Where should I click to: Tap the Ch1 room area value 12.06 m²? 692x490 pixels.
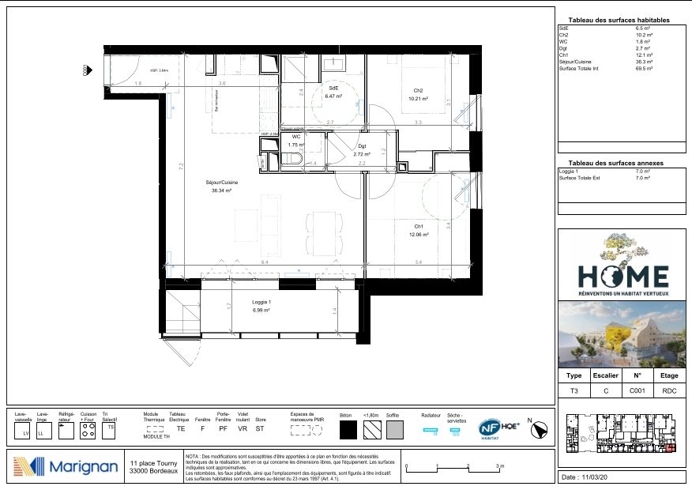[x=417, y=235]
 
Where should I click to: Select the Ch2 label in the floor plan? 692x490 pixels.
[x=418, y=90]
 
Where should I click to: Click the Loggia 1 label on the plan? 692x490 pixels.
[x=261, y=303]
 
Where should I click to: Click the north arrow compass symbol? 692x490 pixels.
[x=541, y=429]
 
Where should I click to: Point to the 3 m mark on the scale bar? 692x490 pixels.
[x=500, y=466]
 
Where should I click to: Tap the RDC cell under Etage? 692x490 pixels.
[x=668, y=390]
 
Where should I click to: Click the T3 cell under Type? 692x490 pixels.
[x=574, y=390]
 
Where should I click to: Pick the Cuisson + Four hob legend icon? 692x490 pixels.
[x=88, y=432]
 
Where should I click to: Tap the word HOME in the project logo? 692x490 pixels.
[x=623, y=276]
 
